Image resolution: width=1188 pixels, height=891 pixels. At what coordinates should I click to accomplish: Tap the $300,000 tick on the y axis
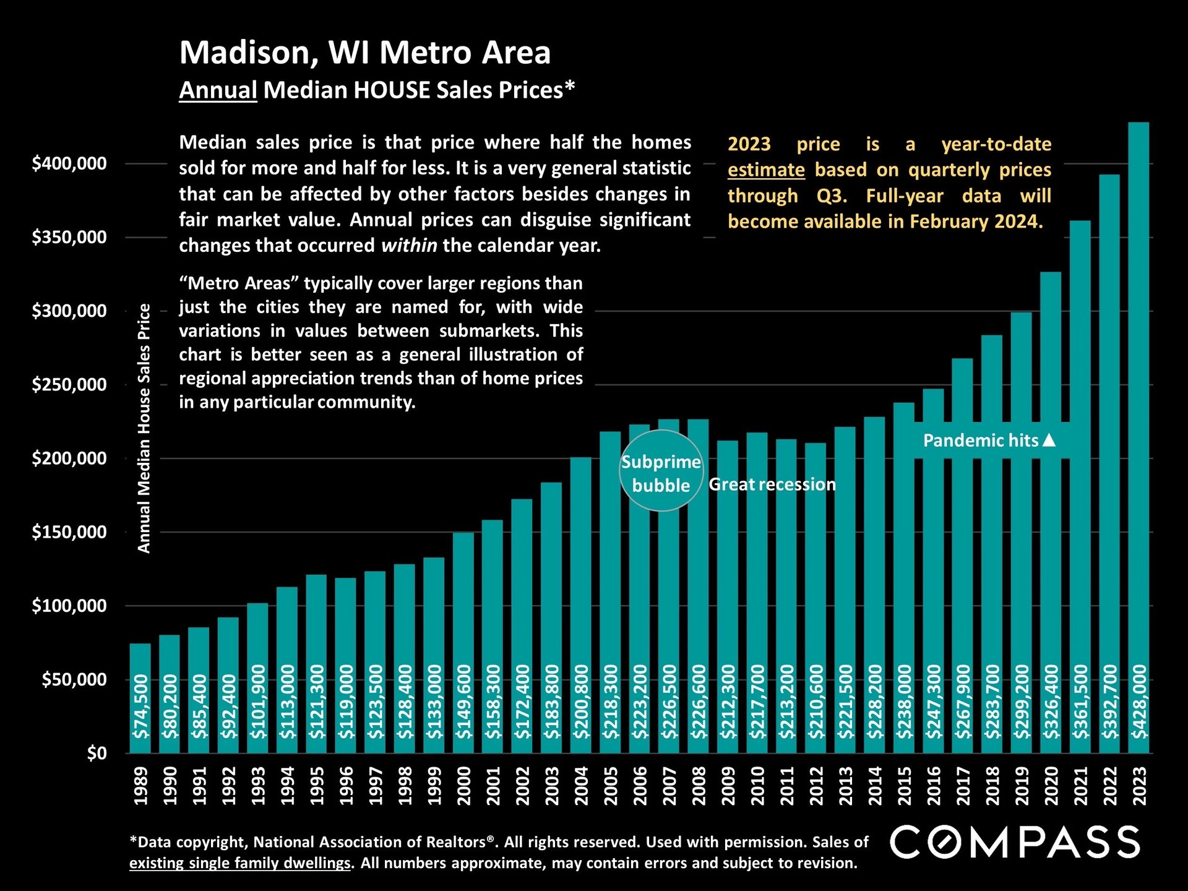pyautogui.click(x=69, y=311)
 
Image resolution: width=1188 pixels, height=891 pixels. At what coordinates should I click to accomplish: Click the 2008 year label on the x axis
pyautogui.click(x=699, y=786)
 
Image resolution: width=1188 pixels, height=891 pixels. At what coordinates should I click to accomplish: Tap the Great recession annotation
pyautogui.click(x=772, y=484)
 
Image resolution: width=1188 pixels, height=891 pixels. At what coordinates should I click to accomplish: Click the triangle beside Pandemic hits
pyautogui.click(x=1049, y=440)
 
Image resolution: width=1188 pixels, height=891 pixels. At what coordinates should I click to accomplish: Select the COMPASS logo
pyautogui.click(x=1015, y=842)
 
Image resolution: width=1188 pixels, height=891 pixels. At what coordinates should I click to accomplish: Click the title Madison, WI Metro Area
pyautogui.click(x=364, y=53)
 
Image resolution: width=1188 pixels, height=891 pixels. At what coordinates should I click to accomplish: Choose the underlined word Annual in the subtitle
pyautogui.click(x=218, y=90)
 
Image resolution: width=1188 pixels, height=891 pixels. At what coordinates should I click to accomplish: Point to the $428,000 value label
pyautogui.click(x=1139, y=702)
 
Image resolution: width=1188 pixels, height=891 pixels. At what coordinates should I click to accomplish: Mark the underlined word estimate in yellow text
pyautogui.click(x=766, y=170)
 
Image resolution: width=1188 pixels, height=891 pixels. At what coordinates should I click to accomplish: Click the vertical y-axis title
pyautogui.click(x=144, y=428)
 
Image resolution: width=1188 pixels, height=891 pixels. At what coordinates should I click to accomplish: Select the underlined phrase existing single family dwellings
pyautogui.click(x=240, y=863)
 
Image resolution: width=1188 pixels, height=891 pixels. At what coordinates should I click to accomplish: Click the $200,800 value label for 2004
pyautogui.click(x=581, y=702)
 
